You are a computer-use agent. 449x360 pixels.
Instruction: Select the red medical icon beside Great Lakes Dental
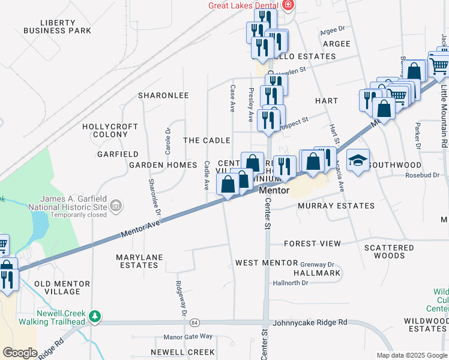289,5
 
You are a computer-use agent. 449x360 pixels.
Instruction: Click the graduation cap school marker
358,160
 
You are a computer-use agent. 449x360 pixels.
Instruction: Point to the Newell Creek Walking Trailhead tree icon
94,316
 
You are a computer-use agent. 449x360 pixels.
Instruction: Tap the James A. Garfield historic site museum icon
116,206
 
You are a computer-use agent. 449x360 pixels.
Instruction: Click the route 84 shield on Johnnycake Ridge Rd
194,323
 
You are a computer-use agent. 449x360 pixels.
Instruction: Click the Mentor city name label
274,191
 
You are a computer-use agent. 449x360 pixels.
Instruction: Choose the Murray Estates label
336,206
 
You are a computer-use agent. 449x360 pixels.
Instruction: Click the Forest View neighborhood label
312,244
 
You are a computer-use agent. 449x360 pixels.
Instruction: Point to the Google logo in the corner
20,353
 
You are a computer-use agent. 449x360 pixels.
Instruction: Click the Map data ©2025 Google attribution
411,355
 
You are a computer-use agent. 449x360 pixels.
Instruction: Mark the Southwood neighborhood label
395,164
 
